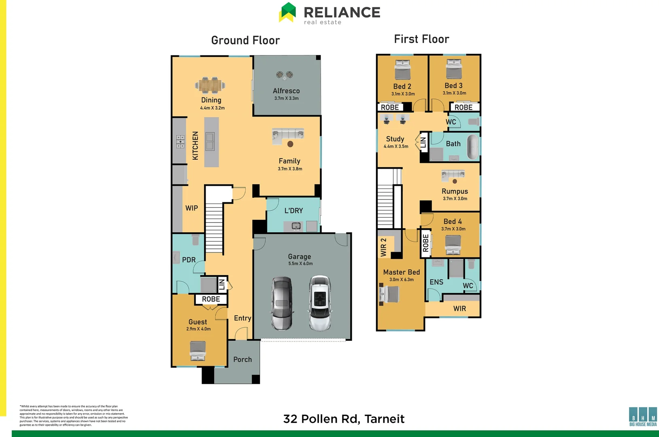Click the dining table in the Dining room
(210, 85)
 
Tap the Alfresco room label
(286, 91)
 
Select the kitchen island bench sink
(210, 141)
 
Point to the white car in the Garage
(320, 303)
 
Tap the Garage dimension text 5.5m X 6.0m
(300, 264)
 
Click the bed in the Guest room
(198, 351)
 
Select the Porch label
(242, 359)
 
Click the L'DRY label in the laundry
(293, 211)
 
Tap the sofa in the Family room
(287, 135)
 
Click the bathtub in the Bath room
(472, 146)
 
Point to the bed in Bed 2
(402, 70)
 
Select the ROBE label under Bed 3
(463, 107)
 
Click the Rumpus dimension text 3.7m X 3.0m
(455, 199)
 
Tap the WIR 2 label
(383, 247)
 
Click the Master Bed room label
(402, 272)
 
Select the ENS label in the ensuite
(436, 282)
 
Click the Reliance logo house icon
(287, 12)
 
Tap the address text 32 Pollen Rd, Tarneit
(344, 419)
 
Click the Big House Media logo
(643, 417)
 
